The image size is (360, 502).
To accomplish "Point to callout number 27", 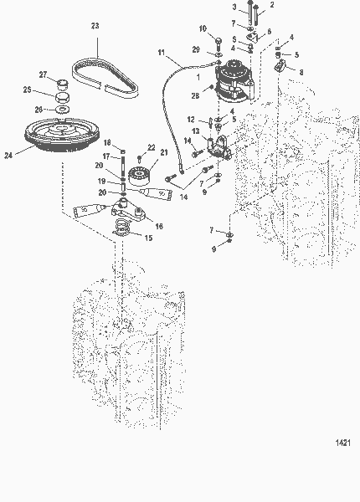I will pyautogui.click(x=44, y=75).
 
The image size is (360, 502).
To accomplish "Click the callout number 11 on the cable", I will pyautogui.click(x=162, y=54).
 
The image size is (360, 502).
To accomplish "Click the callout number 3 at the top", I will pyautogui.click(x=234, y=7).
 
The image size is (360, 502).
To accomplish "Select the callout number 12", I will pyautogui.click(x=191, y=120).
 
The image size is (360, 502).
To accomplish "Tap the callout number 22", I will pyautogui.click(x=152, y=148).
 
